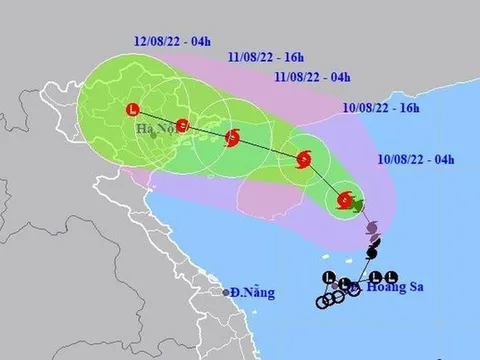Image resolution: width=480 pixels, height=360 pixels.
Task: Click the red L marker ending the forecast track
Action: coord(135,110)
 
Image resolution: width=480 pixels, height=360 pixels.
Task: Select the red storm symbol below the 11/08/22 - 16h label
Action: coord(233,139)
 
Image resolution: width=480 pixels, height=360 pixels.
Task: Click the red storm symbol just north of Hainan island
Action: coord(304,157)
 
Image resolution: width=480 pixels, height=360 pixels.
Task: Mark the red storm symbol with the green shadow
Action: coord(345,200)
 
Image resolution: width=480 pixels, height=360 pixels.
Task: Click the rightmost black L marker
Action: coord(391,277)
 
